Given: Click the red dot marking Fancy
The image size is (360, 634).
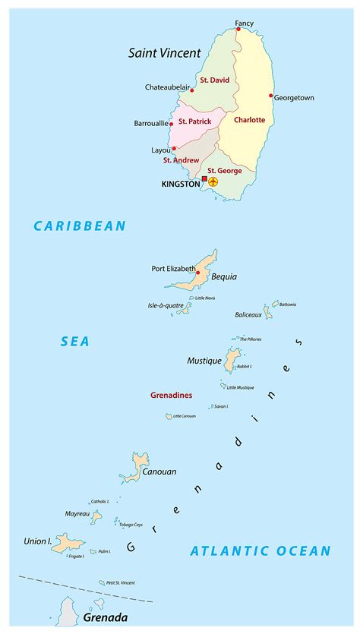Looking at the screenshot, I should (x=238, y=30).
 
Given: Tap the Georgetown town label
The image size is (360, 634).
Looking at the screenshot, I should (x=294, y=98).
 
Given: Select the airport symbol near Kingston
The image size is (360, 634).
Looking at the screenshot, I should (x=213, y=182).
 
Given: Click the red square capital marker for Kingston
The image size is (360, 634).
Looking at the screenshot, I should (x=204, y=179).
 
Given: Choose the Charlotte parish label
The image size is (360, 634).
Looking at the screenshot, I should (x=249, y=120).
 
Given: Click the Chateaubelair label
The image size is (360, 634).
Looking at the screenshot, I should (x=166, y=87).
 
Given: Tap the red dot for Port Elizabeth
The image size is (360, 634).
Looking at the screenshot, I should (x=198, y=272).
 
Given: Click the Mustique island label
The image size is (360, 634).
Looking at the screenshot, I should (x=204, y=361).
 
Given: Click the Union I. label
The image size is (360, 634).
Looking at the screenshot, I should (x=38, y=541).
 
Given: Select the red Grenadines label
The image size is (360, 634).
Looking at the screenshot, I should (x=171, y=396).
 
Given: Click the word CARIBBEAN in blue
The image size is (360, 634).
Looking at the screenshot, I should (x=80, y=226).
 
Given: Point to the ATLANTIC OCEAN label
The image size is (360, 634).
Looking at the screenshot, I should (x=261, y=551).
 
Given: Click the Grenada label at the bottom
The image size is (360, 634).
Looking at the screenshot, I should (x=106, y=617).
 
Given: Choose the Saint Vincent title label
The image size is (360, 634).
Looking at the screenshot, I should (x=165, y=53).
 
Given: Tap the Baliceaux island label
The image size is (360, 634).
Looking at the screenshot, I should (x=248, y=314).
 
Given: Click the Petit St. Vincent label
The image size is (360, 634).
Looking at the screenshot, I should (x=121, y=582).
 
